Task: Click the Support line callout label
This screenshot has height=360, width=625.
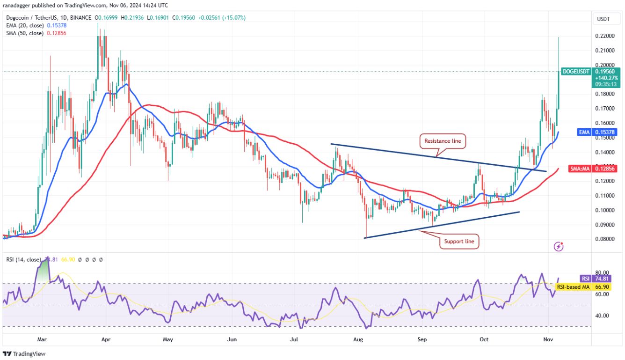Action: [459, 241]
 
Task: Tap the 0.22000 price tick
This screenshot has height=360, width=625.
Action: [604, 36]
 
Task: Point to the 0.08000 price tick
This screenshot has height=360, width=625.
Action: [604, 239]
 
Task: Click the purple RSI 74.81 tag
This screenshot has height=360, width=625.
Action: [596, 278]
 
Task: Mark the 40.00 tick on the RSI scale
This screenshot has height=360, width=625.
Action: [602, 316]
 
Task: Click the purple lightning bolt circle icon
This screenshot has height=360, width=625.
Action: [558, 246]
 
